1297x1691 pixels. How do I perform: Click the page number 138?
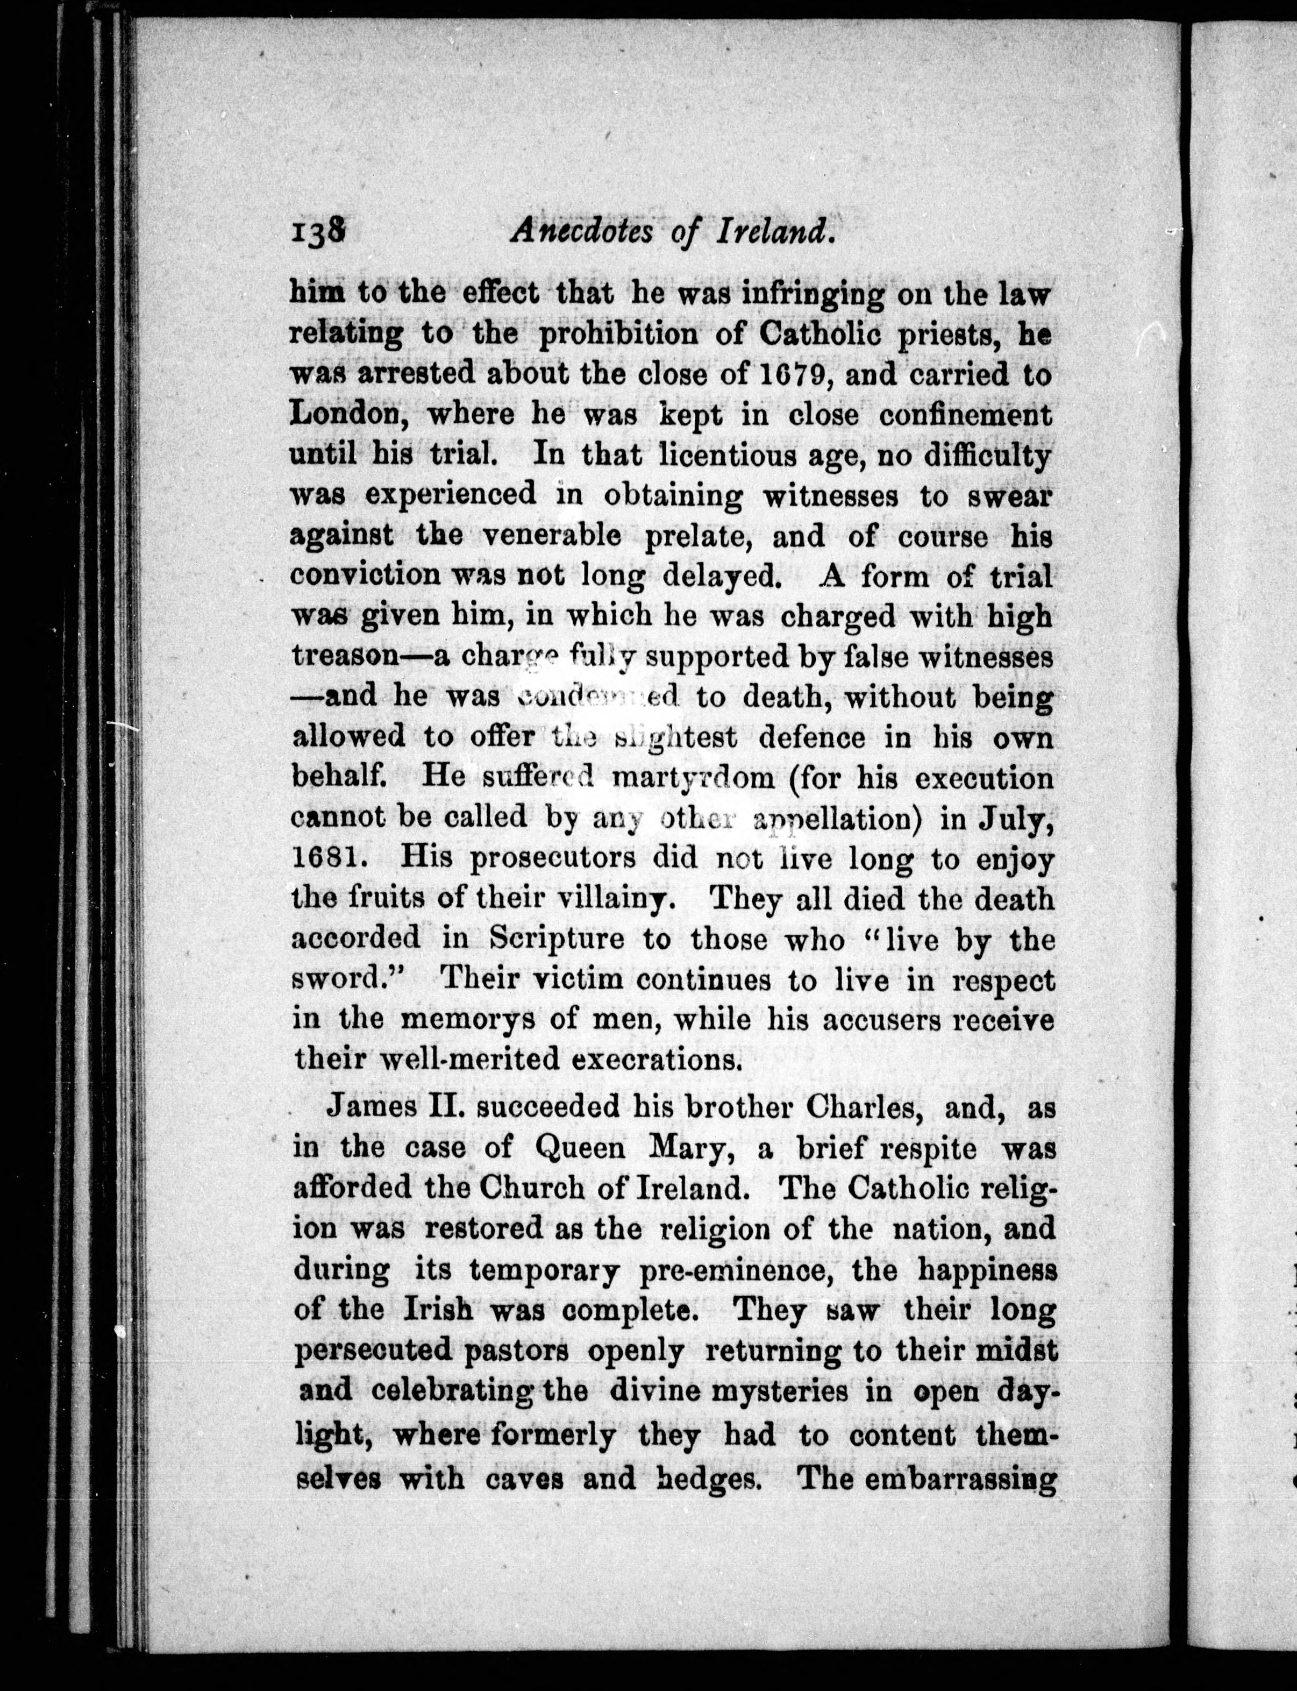(318, 232)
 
